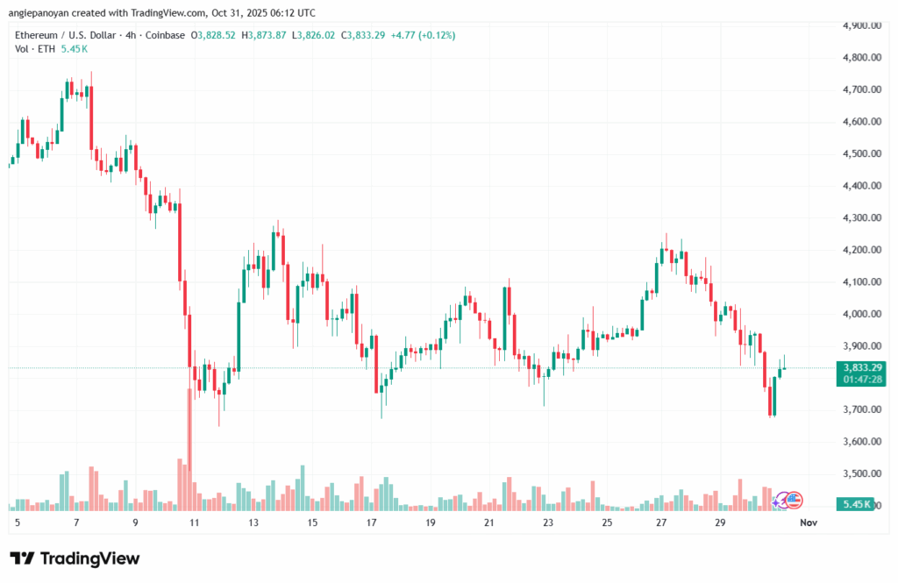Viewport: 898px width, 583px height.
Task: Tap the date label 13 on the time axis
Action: point(254,523)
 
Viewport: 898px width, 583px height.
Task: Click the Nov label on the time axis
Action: point(809,523)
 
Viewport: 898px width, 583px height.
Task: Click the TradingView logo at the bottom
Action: point(75,558)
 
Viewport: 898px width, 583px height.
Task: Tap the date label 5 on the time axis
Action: point(18,523)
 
